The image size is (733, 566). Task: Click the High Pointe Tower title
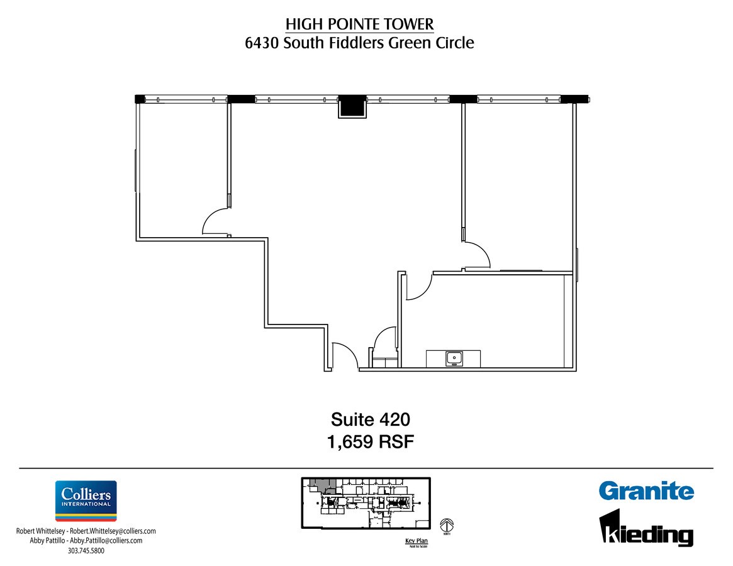359,24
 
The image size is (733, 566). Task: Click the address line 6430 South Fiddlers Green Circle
359,43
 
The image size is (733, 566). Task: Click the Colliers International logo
86,501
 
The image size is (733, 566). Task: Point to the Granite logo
646,491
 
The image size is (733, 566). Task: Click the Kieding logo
646,528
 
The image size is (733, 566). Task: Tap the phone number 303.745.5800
86,551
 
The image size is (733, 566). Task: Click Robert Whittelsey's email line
86,531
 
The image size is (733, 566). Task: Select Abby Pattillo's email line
86,540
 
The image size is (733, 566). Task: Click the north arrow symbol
447,526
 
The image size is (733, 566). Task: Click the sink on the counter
454,358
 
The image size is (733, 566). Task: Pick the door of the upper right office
477,255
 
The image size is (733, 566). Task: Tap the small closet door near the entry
385,340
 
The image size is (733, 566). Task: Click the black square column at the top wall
352,106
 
